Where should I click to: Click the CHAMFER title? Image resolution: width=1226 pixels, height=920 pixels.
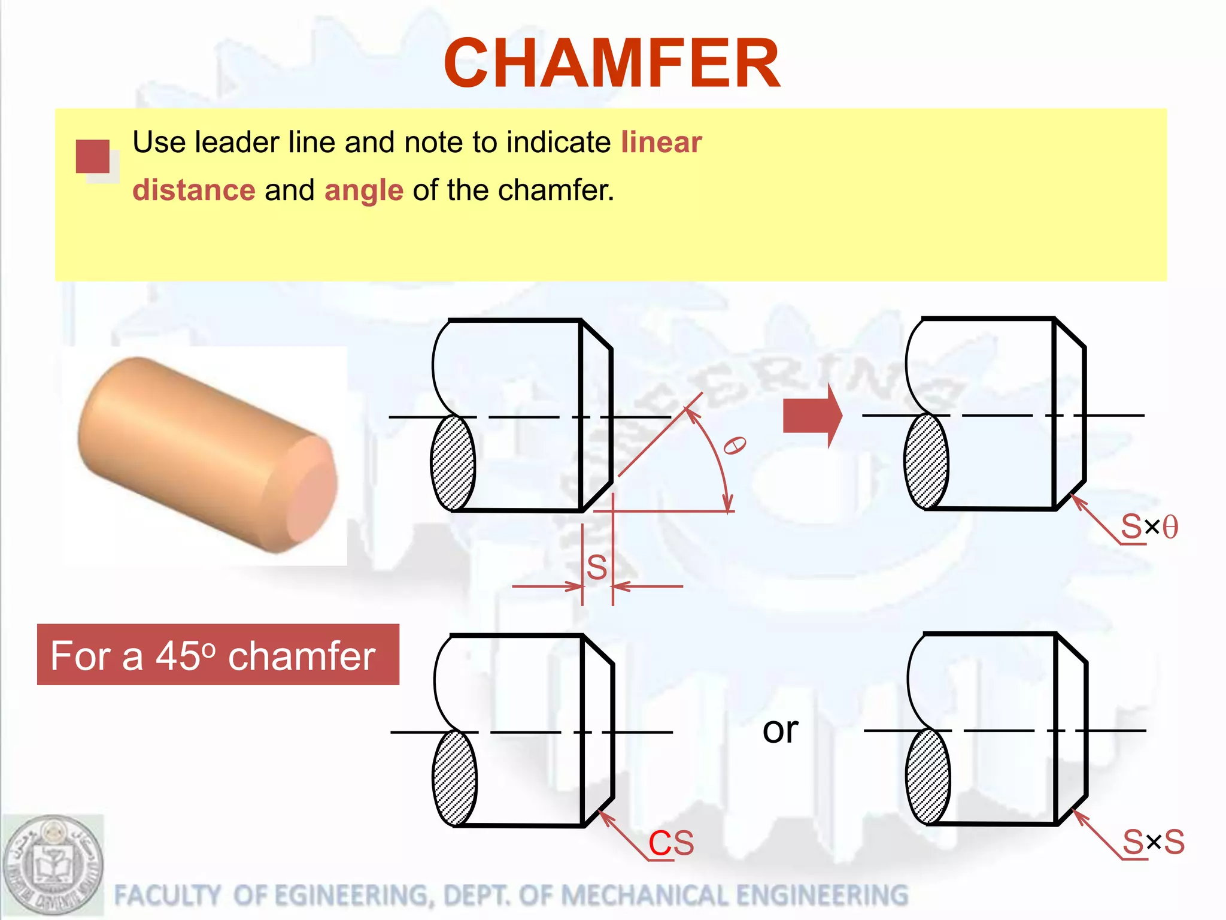[612, 63]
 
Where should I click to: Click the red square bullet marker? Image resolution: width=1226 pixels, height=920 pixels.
[93, 156]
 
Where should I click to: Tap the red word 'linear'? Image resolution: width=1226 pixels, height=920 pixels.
[661, 143]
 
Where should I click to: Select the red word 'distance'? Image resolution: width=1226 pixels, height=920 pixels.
[194, 190]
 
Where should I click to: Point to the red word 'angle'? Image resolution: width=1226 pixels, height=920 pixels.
[364, 190]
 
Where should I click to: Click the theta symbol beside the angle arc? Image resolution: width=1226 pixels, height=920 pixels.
[735, 446]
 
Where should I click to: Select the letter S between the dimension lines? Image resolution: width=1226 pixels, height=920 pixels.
[597, 567]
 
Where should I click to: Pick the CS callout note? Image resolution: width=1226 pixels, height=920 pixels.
[671, 843]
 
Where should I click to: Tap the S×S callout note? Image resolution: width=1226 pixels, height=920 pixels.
[1153, 842]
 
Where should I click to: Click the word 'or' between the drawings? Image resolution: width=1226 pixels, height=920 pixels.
[780, 730]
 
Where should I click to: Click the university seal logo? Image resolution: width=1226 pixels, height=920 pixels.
[53, 866]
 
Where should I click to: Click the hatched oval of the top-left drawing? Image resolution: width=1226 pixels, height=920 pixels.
[453, 463]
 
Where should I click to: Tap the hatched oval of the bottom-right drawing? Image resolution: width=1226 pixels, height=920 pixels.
[928, 776]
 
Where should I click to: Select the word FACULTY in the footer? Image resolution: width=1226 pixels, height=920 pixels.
[167, 895]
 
